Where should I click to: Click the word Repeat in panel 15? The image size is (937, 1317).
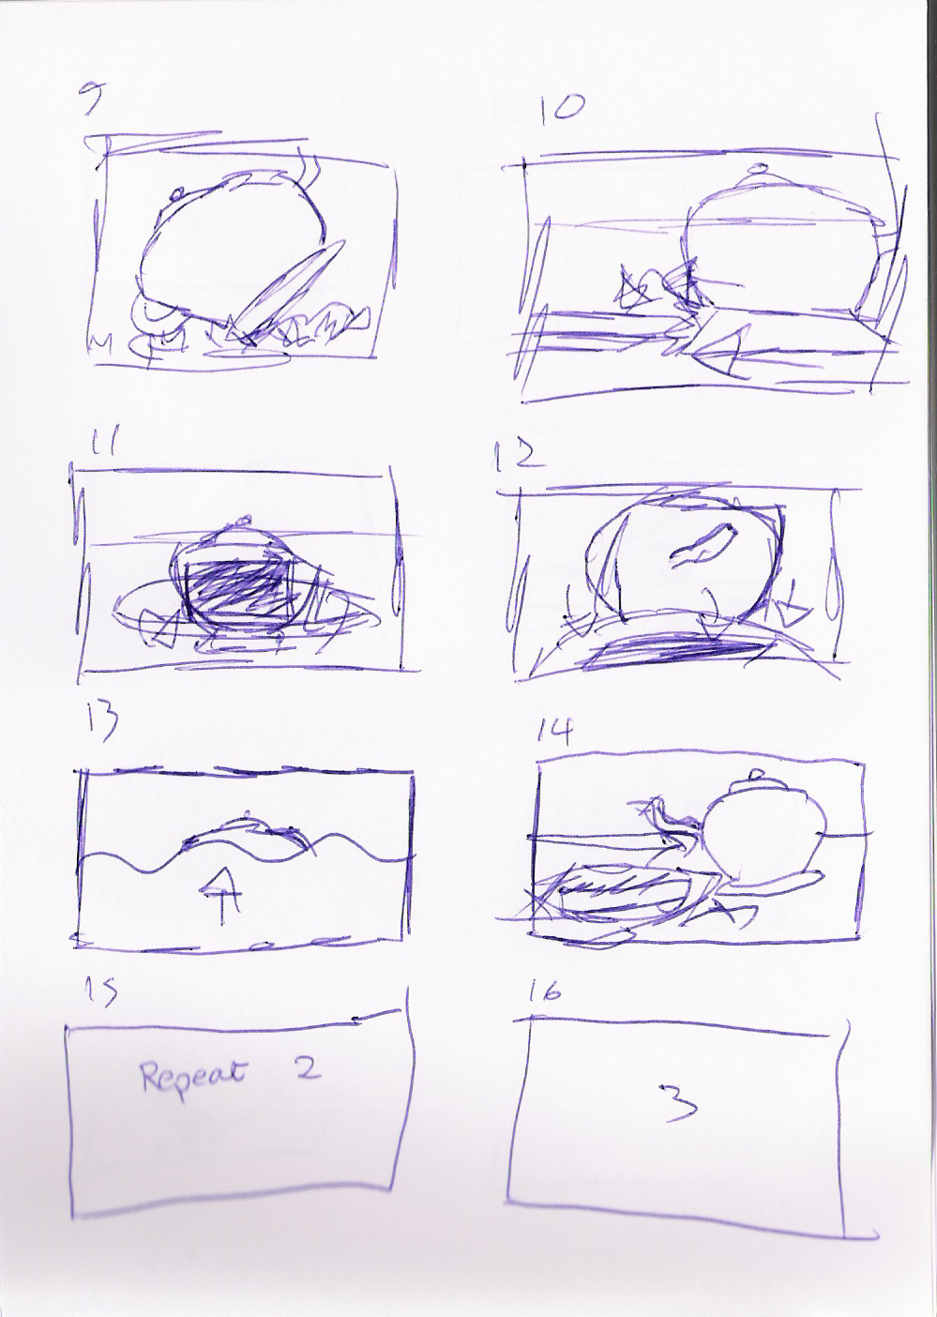pyautogui.click(x=192, y=1075)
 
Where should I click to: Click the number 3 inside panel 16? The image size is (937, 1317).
pyautogui.click(x=680, y=1102)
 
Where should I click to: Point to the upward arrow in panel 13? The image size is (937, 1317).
pyautogui.click(x=221, y=888)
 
